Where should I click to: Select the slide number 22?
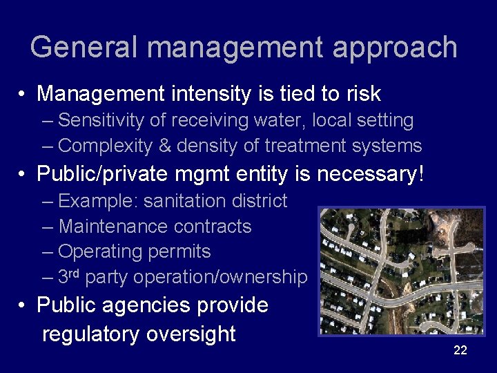click(460, 350)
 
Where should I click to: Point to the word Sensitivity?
click(101, 121)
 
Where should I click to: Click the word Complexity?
click(105, 146)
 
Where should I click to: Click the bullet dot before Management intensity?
click(23, 94)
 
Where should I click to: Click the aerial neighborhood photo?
click(401, 271)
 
